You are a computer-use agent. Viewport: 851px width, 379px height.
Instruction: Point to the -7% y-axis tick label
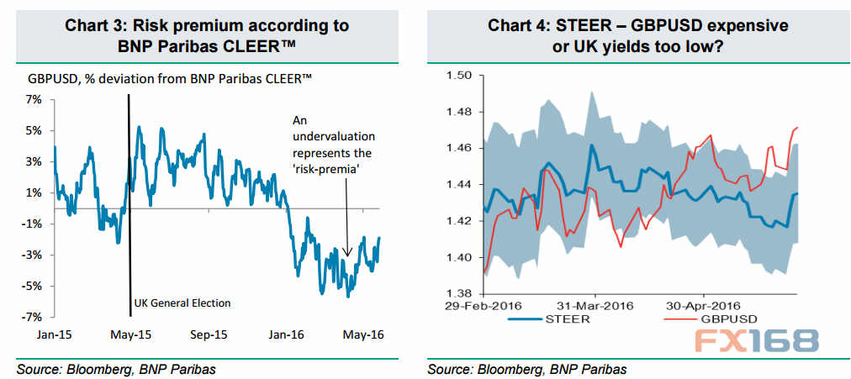(34, 317)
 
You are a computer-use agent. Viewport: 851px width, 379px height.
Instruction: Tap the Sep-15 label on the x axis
(204, 334)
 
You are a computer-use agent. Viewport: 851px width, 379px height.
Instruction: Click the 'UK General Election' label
(182, 303)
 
